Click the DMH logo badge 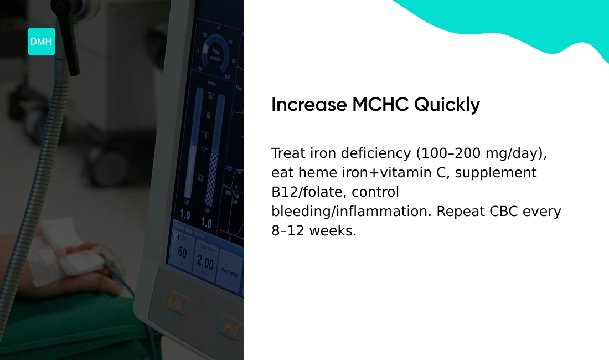pos(42,42)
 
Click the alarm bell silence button pos(177,304)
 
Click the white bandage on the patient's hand pos(58,252)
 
